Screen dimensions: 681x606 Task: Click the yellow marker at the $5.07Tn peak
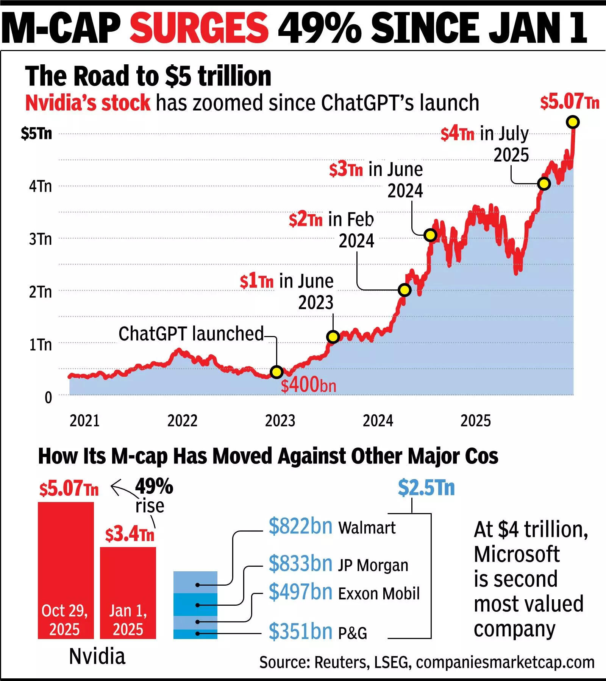pyautogui.click(x=573, y=122)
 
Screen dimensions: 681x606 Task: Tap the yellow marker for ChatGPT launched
pyautogui.click(x=277, y=372)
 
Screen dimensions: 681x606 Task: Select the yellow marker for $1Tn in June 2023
pyautogui.click(x=333, y=337)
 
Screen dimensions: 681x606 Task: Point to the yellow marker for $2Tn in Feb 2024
pyautogui.click(x=405, y=290)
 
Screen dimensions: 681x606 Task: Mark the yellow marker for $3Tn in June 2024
pyautogui.click(x=430, y=235)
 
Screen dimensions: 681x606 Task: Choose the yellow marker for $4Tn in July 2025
pyautogui.click(x=544, y=184)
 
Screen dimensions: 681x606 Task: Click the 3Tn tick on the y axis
pyautogui.click(x=41, y=239)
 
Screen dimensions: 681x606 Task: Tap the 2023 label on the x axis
pyautogui.click(x=280, y=421)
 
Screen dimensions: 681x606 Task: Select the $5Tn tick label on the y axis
pyautogui.click(x=36, y=134)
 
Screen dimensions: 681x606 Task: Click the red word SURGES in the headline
pyautogui.click(x=199, y=28)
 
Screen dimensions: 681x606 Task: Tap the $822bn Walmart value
pyautogui.click(x=300, y=526)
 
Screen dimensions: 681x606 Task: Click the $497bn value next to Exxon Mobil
pyautogui.click(x=300, y=592)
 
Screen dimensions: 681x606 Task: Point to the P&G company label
pyautogui.click(x=352, y=633)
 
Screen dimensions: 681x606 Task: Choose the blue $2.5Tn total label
pyautogui.click(x=426, y=488)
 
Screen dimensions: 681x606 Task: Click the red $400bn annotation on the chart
pyautogui.click(x=308, y=386)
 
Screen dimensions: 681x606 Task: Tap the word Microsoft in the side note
pyautogui.click(x=517, y=554)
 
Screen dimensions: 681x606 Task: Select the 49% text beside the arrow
pyautogui.click(x=154, y=486)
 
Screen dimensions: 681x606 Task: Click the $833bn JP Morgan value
pyautogui.click(x=300, y=564)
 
